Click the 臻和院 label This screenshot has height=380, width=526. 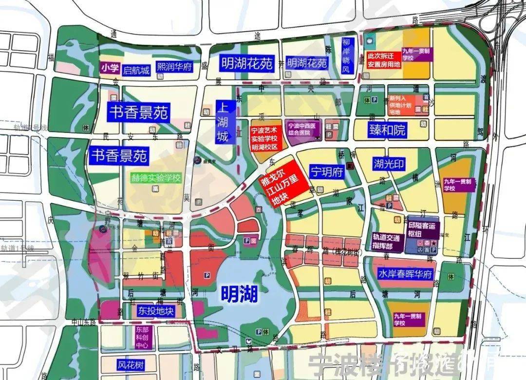pyautogui.click(x=388, y=130)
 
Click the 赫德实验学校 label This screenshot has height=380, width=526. pyautogui.click(x=156, y=177)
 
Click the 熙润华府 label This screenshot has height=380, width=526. pyautogui.click(x=174, y=67)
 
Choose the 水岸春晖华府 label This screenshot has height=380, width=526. pyautogui.click(x=405, y=274)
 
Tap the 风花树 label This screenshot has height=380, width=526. pyautogui.click(x=130, y=364)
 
